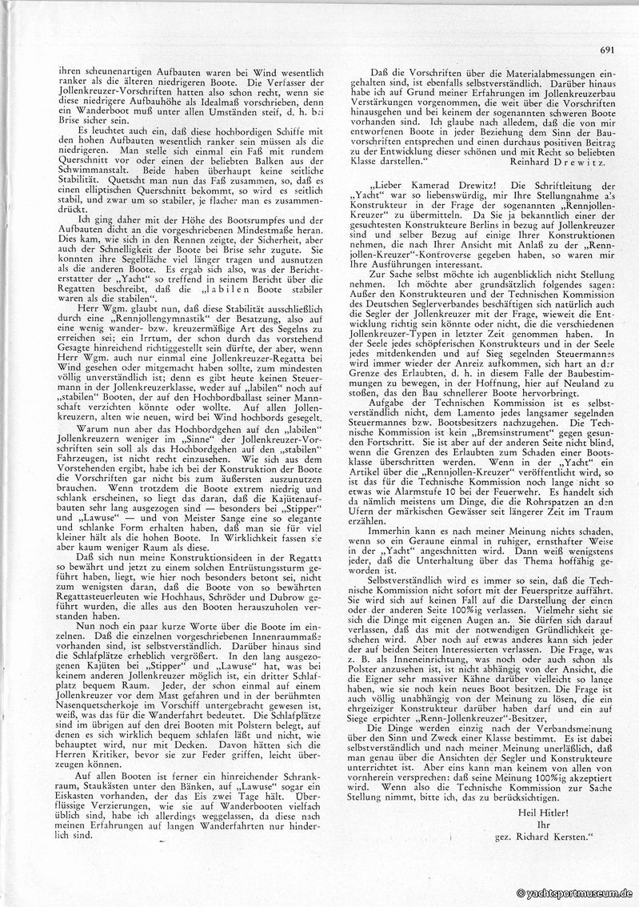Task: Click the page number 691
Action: pyautogui.click(x=606, y=50)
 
